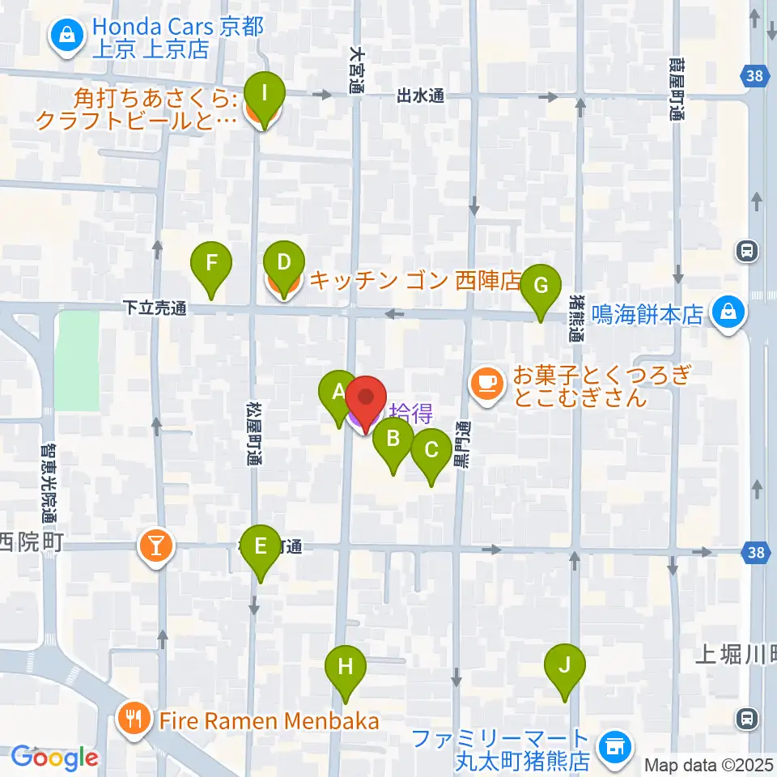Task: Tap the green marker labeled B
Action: (393, 439)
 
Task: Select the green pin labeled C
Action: (431, 450)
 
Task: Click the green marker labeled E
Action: (261, 546)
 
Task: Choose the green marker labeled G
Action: (541, 286)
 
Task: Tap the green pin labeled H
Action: (346, 668)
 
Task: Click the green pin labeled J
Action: (565, 666)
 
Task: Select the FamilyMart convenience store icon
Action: (613, 748)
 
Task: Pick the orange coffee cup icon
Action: (486, 380)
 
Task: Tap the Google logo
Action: (54, 758)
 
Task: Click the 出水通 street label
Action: (421, 96)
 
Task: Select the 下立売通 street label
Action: (155, 308)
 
